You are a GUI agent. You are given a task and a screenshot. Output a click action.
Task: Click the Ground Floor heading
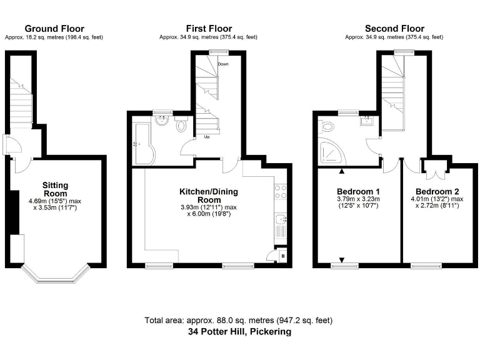(54, 29)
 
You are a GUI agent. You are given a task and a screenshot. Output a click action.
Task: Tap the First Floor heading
(209, 29)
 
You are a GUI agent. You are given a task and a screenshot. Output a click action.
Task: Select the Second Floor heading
(394, 29)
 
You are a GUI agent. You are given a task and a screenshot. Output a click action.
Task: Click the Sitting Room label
(55, 189)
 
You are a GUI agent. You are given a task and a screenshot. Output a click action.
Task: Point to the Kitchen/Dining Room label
(209, 191)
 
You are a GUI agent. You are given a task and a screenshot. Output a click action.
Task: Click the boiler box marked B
(282, 256)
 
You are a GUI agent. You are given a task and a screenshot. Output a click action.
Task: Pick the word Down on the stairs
(222, 64)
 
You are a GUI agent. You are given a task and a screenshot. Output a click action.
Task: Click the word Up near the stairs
(206, 137)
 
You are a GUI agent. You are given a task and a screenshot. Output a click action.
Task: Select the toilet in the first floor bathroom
(182, 126)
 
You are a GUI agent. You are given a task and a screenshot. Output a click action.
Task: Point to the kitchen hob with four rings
(281, 191)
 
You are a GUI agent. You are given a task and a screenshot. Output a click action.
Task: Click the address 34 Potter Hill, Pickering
(239, 332)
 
